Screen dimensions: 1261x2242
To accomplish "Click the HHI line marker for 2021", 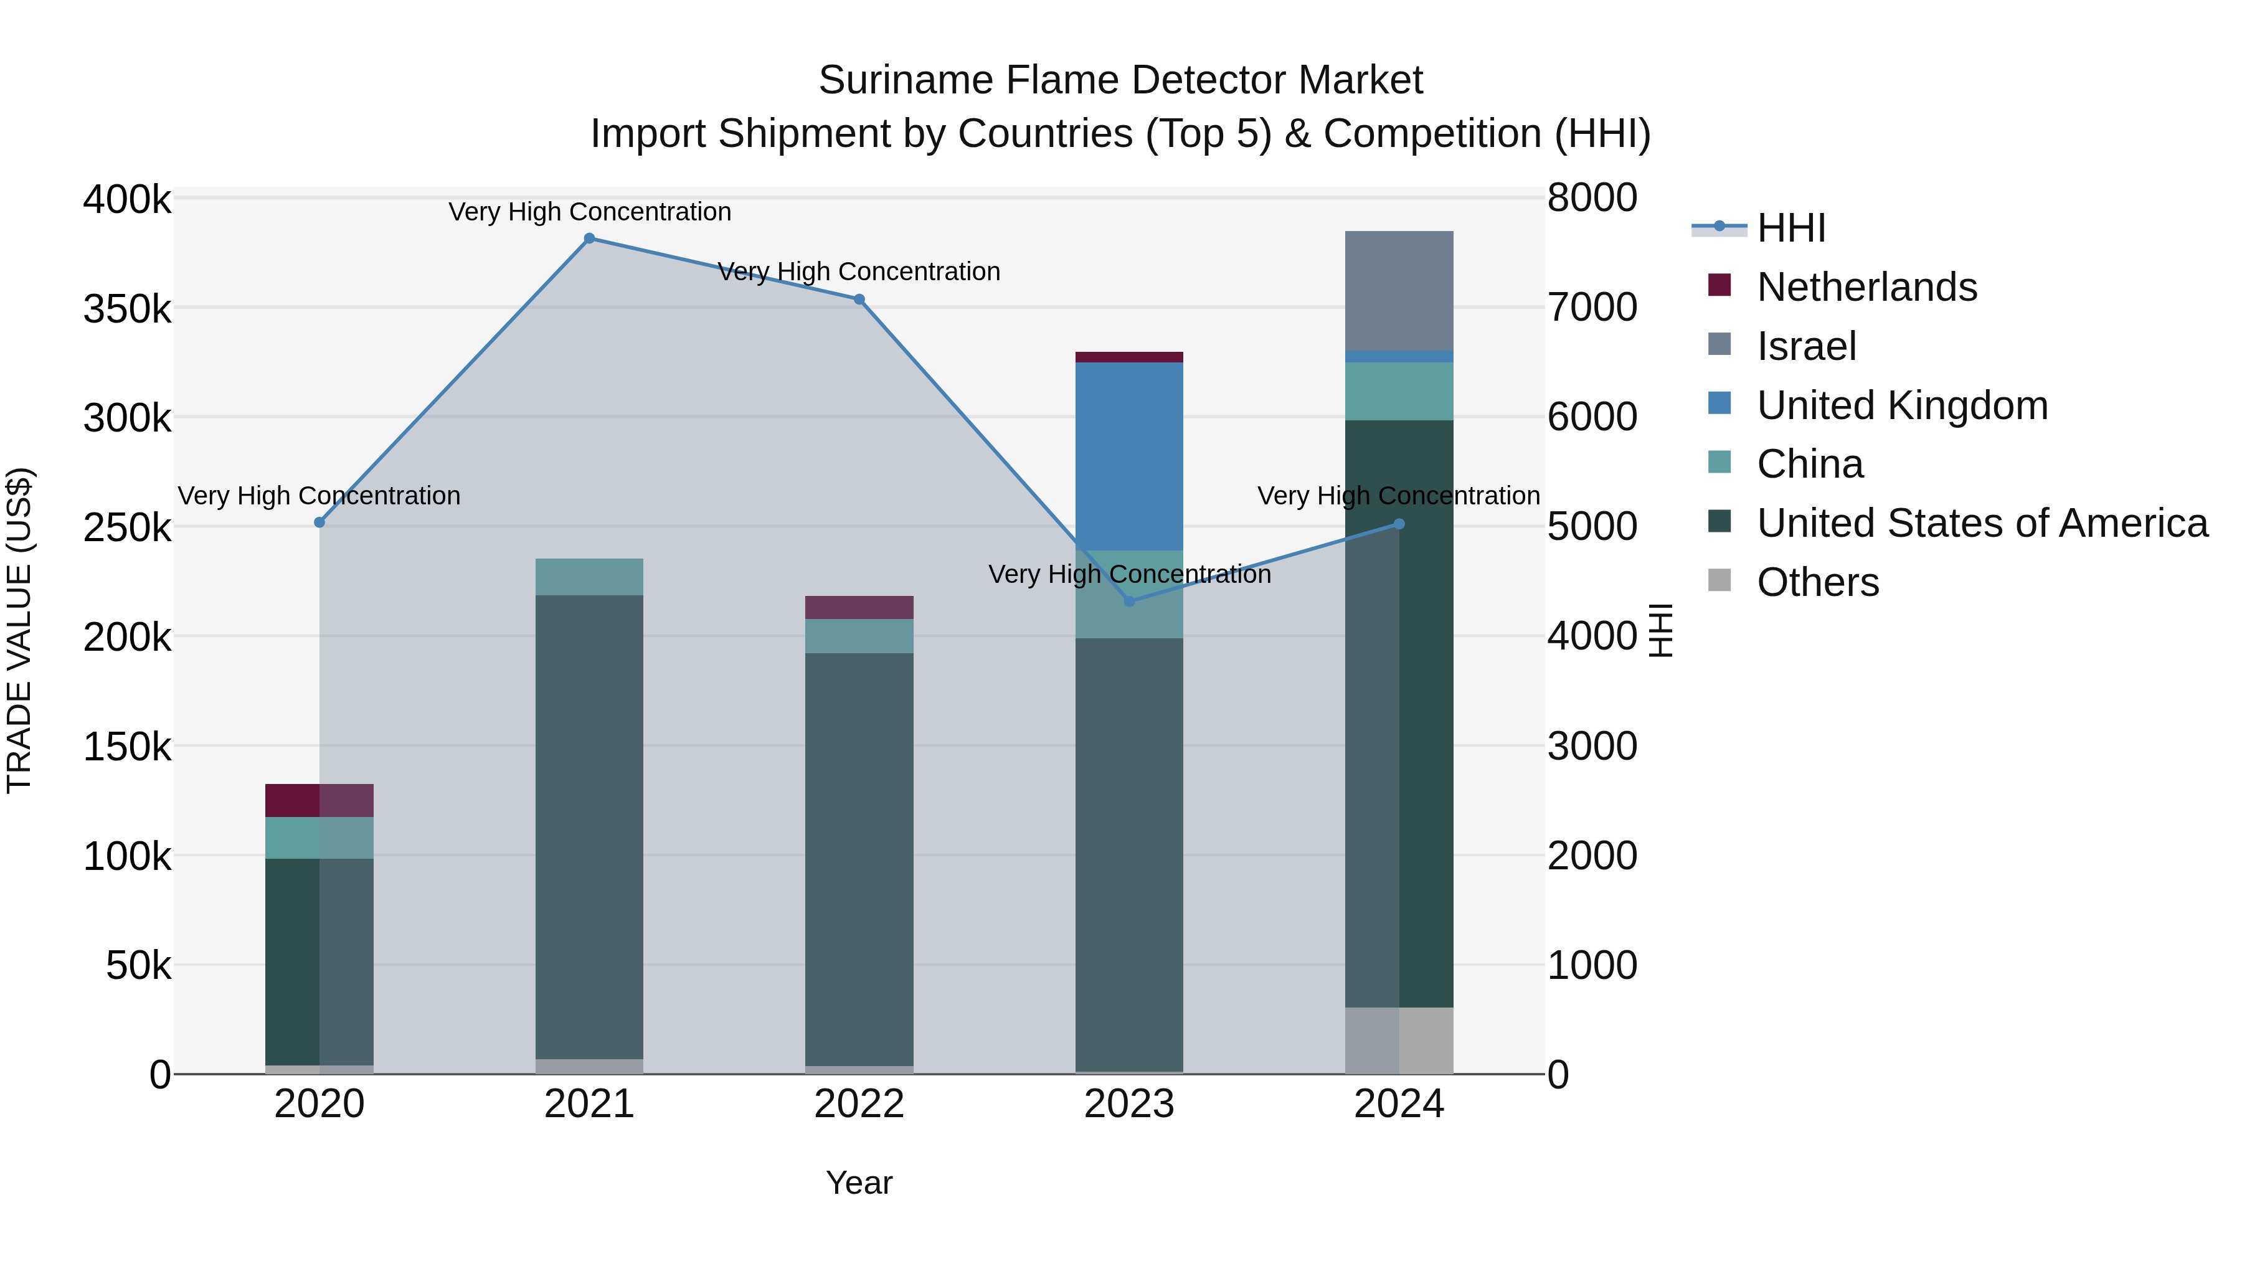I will [589, 239].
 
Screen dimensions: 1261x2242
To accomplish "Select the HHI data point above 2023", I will [1130, 602].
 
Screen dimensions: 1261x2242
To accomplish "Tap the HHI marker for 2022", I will [859, 300].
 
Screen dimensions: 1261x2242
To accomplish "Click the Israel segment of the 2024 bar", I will [1399, 291].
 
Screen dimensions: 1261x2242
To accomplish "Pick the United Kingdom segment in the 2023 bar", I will [1129, 456].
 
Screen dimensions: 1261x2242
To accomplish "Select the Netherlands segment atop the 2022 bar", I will [859, 607].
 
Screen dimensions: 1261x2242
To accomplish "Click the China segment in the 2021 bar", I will [589, 577].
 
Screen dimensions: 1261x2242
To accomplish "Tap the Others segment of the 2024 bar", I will [1399, 1040].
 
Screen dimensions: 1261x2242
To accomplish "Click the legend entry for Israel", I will [1806, 346].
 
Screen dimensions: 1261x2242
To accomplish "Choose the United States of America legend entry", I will [1982, 523].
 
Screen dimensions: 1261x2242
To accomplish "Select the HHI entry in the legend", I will [1790, 228].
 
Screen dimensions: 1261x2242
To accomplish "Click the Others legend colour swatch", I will [1719, 580].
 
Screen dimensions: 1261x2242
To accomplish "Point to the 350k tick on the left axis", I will [127, 309].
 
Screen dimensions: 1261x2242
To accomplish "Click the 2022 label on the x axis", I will [859, 1104].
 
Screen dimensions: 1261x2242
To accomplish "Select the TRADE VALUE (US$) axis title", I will [19, 630].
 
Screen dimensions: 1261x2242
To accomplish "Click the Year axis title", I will [859, 1183].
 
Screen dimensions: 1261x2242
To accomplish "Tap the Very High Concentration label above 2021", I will [589, 212].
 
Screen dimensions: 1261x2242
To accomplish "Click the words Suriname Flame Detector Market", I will [1120, 80].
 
